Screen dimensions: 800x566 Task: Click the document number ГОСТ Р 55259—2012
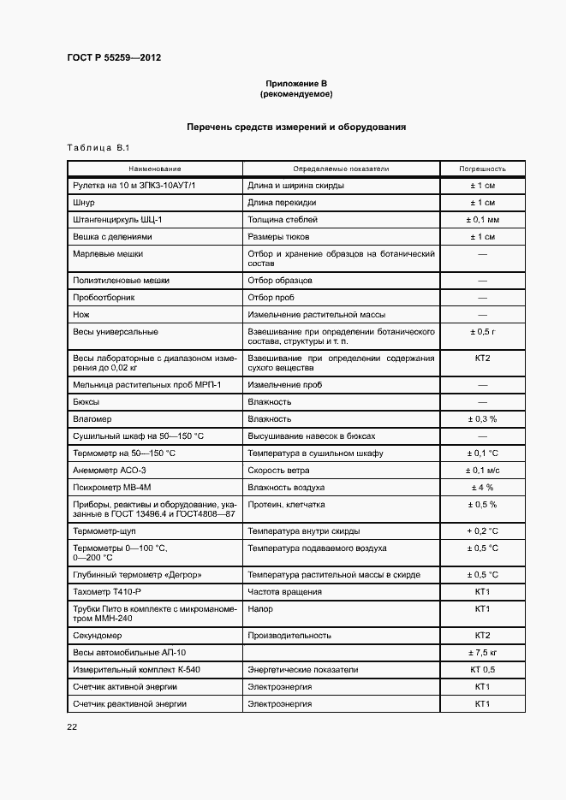point(114,58)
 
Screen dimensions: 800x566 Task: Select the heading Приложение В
point(295,83)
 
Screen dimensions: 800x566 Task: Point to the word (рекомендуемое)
point(295,93)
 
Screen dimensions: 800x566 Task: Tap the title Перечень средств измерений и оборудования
point(295,127)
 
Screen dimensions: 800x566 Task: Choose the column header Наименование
point(155,169)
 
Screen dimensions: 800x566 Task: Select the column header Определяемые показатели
point(341,169)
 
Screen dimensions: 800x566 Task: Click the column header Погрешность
point(482,169)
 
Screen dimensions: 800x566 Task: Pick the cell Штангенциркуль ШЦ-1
point(118,219)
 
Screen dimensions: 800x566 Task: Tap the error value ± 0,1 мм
point(482,219)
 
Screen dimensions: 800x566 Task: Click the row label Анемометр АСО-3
point(110,471)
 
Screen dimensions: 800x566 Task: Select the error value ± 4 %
point(482,488)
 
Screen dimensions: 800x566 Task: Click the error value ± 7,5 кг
point(482,652)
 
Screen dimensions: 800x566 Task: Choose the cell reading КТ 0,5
point(482,669)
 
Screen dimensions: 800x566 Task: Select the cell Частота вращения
point(285,592)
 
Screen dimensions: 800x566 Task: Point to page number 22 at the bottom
point(72,726)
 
